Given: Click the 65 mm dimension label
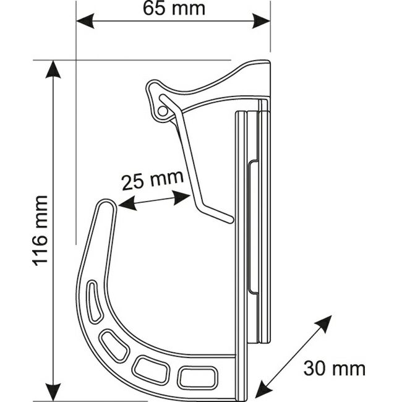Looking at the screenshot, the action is (174, 9).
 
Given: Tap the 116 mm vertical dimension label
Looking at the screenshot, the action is (40, 231).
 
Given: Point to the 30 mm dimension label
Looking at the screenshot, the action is (335, 369).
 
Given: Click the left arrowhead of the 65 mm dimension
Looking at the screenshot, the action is (85, 21).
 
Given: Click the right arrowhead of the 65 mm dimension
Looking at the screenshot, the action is (261, 21).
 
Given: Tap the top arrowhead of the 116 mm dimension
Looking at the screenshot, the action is (53, 69).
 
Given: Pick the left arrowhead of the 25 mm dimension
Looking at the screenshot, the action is (127, 203).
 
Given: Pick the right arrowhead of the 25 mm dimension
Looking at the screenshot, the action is (181, 198).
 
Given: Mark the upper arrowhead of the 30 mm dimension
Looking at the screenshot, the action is (323, 323).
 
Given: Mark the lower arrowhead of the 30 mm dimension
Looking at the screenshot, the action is (264, 391).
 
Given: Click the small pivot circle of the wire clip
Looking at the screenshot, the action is (162, 111).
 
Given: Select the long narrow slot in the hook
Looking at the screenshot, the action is (95, 301).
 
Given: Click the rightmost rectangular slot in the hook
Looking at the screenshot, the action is (198, 377).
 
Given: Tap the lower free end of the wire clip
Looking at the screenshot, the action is (229, 220).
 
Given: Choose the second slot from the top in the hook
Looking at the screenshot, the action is (114, 346).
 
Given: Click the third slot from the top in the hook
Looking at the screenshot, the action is (152, 369).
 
